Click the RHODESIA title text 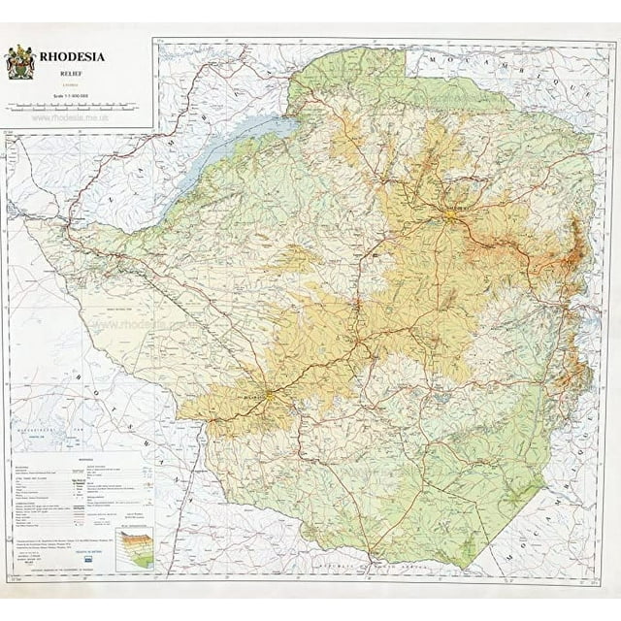point(73,56)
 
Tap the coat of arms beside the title point(20,63)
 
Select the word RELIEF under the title point(72,71)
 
